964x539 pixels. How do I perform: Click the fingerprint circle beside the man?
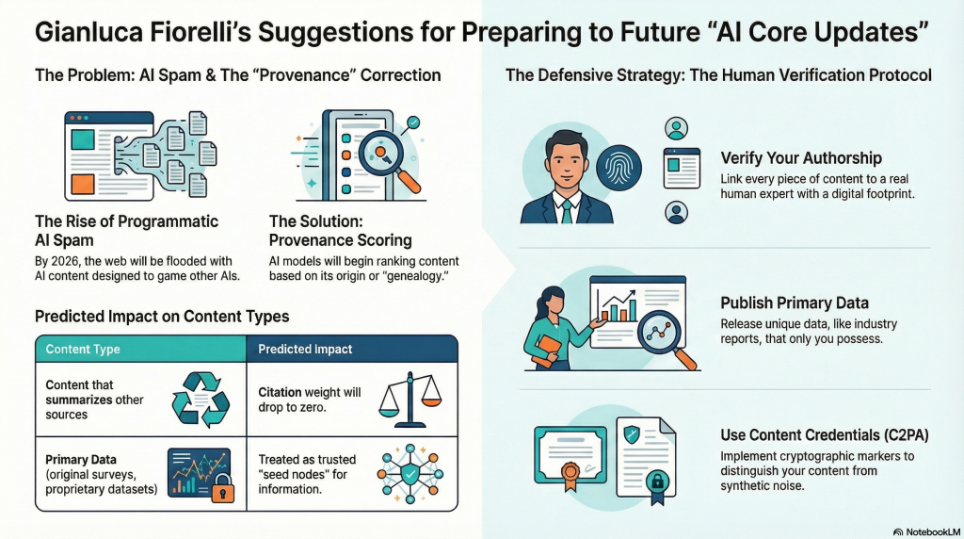point(621,171)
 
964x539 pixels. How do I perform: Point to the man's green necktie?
point(567,209)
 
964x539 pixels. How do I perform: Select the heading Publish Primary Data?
point(794,302)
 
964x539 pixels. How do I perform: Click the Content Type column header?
point(83,349)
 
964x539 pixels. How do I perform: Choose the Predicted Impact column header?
point(305,349)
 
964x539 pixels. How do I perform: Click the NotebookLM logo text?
point(927,531)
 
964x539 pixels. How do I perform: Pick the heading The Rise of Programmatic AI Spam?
point(126,231)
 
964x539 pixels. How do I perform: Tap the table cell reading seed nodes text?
point(300,474)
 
